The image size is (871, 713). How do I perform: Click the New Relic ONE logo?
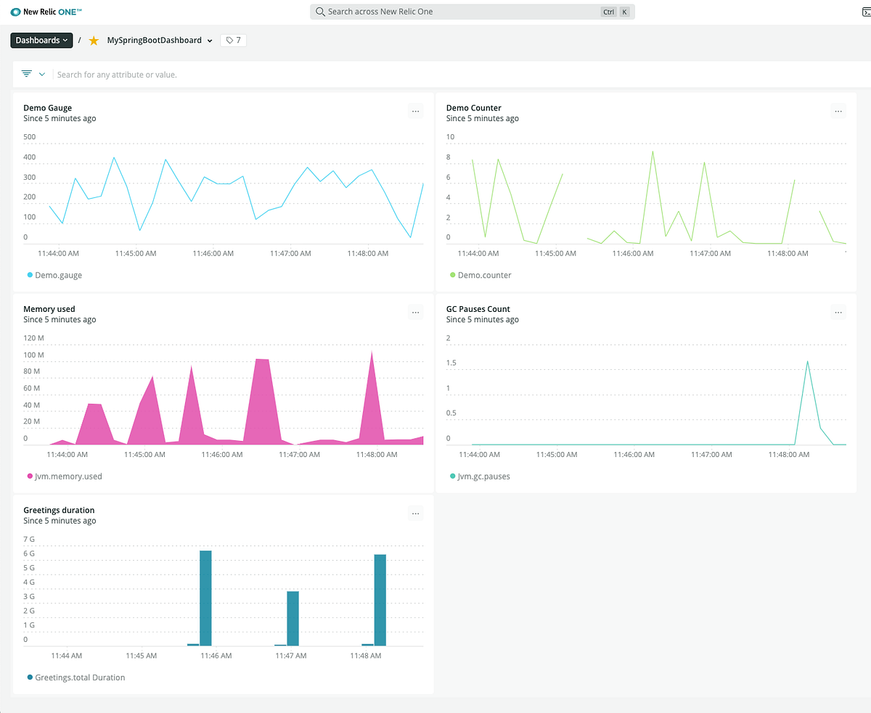pos(46,12)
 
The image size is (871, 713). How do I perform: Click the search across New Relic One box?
pos(465,12)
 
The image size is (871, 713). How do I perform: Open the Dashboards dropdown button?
pos(41,41)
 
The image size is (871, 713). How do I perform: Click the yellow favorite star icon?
pos(94,41)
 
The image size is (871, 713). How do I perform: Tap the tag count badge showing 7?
pos(234,41)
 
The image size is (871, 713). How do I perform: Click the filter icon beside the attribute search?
pos(27,74)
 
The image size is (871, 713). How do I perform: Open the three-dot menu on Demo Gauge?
pos(415,112)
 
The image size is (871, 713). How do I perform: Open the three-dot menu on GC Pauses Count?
pos(838,313)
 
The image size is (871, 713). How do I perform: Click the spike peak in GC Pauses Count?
pos(807,362)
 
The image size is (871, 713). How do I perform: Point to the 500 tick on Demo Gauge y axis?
pos(30,137)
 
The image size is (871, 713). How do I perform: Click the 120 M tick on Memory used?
pos(33,338)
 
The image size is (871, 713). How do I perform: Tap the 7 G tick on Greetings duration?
pos(30,539)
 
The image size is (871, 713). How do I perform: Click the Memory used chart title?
pos(49,309)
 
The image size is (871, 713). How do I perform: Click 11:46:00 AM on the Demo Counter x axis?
pos(633,254)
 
